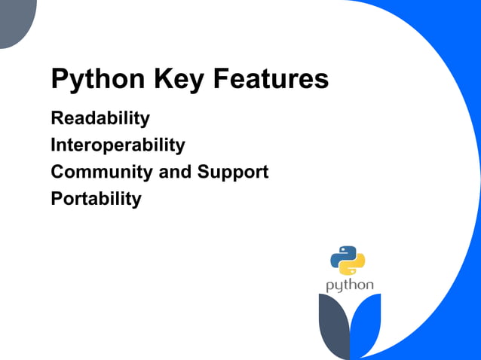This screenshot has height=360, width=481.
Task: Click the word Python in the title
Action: [x=97, y=79]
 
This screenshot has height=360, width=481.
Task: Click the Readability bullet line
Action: [x=100, y=119]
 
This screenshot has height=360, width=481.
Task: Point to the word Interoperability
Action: [x=118, y=145]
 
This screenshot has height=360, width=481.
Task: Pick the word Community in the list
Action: [x=102, y=172]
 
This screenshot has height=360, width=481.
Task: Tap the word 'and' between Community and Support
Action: [x=175, y=172]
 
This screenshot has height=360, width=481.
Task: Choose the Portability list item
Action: [x=96, y=200]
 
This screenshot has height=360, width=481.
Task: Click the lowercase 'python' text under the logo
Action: [x=349, y=286]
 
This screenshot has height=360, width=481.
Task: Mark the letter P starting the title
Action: [x=59, y=79]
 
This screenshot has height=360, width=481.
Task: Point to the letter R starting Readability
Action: [x=57, y=119]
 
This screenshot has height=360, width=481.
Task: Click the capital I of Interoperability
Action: [x=53, y=145]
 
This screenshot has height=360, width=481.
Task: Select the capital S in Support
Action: [x=203, y=172]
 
